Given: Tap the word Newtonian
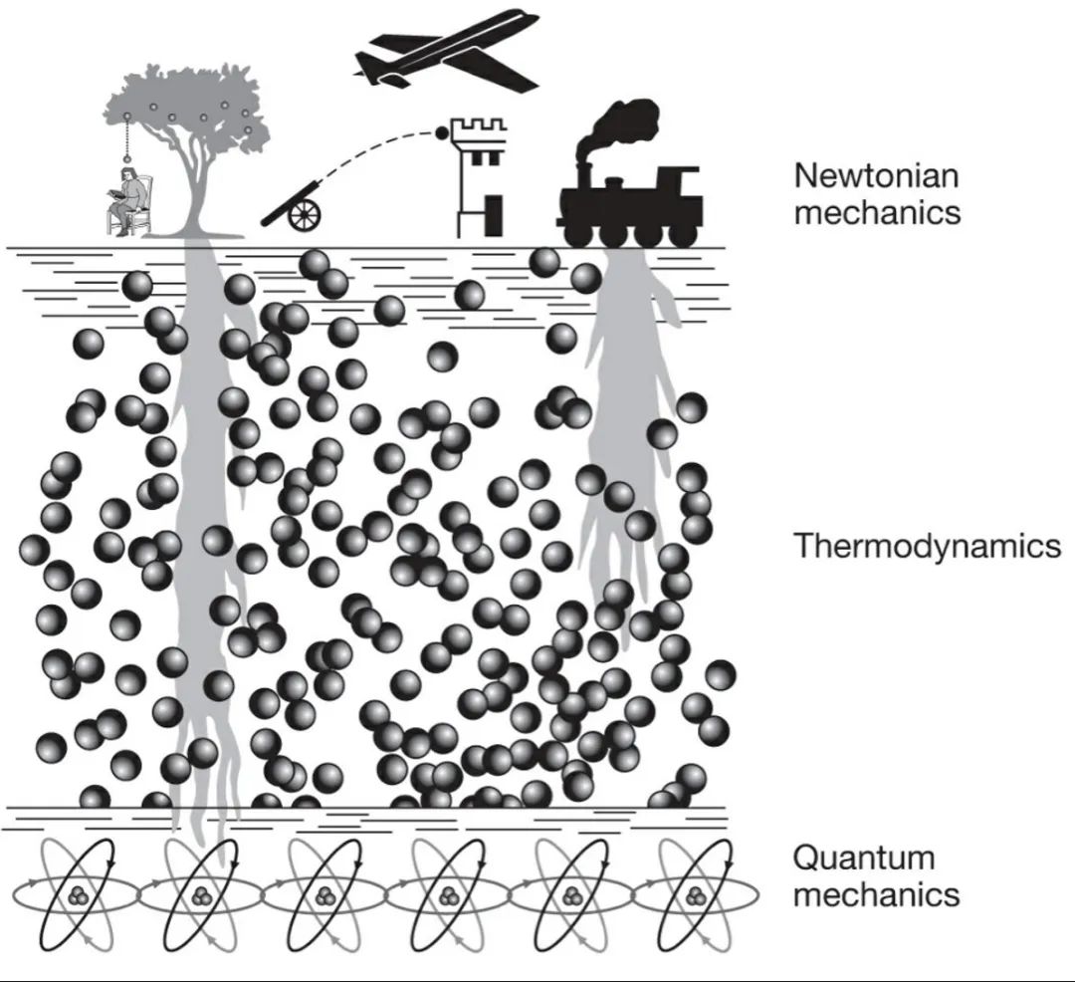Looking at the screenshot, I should coord(876,176).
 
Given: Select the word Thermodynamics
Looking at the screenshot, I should coord(927,546).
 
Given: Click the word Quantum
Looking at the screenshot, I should coord(864,858).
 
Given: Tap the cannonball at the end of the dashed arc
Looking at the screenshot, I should coord(441,132).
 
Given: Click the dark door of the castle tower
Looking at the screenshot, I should coord(492,217).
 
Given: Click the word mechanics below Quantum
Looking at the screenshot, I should coord(877,893).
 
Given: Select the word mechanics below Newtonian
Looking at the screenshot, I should coord(877,212).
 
